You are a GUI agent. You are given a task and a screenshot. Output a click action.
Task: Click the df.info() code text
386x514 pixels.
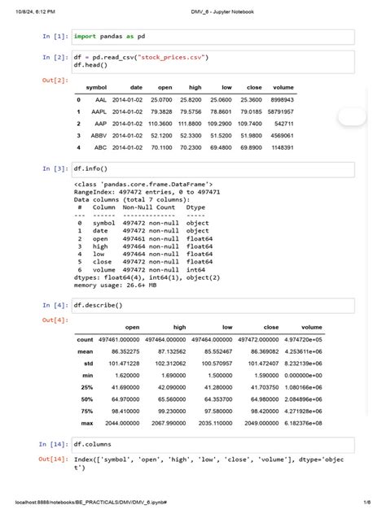[91, 168]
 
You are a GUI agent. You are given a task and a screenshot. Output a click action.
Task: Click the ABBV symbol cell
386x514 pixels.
[99, 135]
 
